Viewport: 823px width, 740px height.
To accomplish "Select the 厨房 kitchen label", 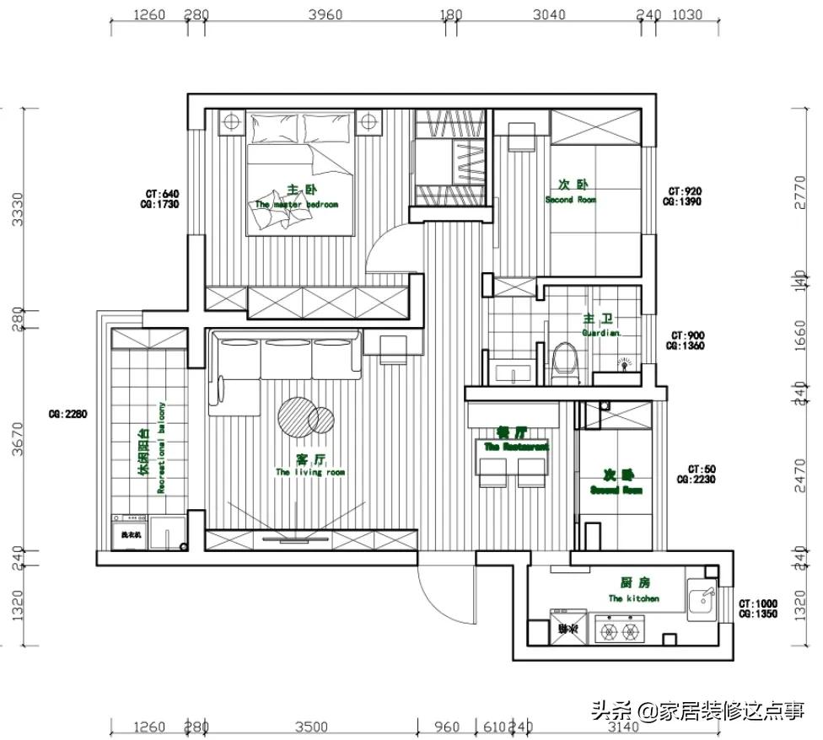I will point(633,583).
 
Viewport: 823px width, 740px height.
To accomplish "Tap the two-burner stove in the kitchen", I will point(620,629).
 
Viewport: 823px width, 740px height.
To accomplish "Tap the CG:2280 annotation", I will point(68,414).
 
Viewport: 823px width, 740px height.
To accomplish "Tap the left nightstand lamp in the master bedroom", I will point(230,122).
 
